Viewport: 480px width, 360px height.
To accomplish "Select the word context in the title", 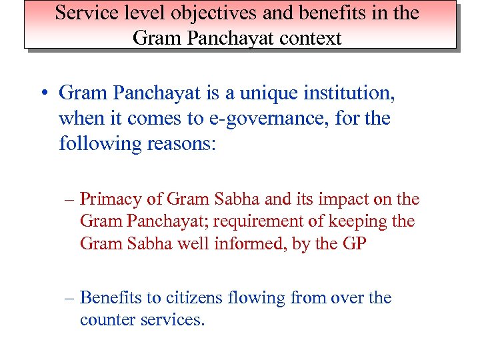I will point(308,38).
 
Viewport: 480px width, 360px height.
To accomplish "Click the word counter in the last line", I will point(106,320).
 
